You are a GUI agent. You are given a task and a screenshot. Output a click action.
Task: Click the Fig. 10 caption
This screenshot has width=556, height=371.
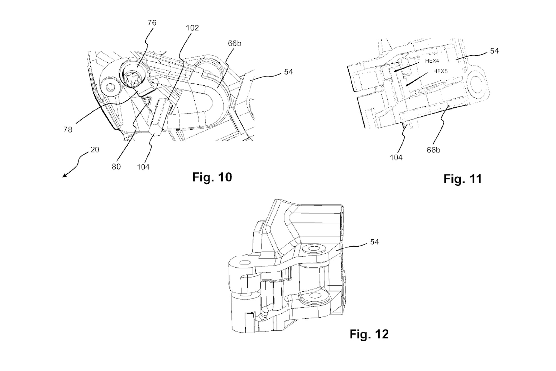point(212,177)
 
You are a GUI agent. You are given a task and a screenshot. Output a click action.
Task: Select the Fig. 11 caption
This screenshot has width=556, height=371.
point(463,179)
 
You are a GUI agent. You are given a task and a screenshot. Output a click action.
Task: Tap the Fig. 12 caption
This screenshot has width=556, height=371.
point(369,334)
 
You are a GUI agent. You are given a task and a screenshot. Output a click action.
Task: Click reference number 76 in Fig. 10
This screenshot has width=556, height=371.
point(152,23)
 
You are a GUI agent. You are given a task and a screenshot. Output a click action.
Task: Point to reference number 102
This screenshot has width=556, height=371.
point(192,28)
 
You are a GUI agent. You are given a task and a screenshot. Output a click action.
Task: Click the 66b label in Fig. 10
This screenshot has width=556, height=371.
point(234,43)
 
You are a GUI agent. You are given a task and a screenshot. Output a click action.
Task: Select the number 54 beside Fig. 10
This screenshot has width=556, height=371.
point(288,72)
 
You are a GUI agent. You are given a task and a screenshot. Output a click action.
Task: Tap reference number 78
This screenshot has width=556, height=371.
point(68,129)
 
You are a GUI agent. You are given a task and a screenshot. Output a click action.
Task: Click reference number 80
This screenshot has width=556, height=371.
point(116,166)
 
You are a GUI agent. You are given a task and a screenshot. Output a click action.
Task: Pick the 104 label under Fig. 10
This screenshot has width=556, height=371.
point(143,167)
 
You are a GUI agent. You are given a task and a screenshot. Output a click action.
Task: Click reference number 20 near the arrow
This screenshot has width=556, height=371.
point(95,150)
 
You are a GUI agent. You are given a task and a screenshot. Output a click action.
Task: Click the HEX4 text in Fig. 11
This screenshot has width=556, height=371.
point(432,61)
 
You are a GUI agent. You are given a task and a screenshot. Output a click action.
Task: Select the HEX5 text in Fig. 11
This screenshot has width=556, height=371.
point(440,72)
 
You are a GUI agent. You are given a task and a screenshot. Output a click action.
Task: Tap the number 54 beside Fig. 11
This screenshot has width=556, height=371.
point(494,51)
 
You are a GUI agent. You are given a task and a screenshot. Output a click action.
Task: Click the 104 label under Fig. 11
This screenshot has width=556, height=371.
point(396,158)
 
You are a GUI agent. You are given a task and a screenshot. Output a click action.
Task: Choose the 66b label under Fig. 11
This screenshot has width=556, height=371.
point(433,150)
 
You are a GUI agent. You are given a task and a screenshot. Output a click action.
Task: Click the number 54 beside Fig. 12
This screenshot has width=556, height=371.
point(374,242)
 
